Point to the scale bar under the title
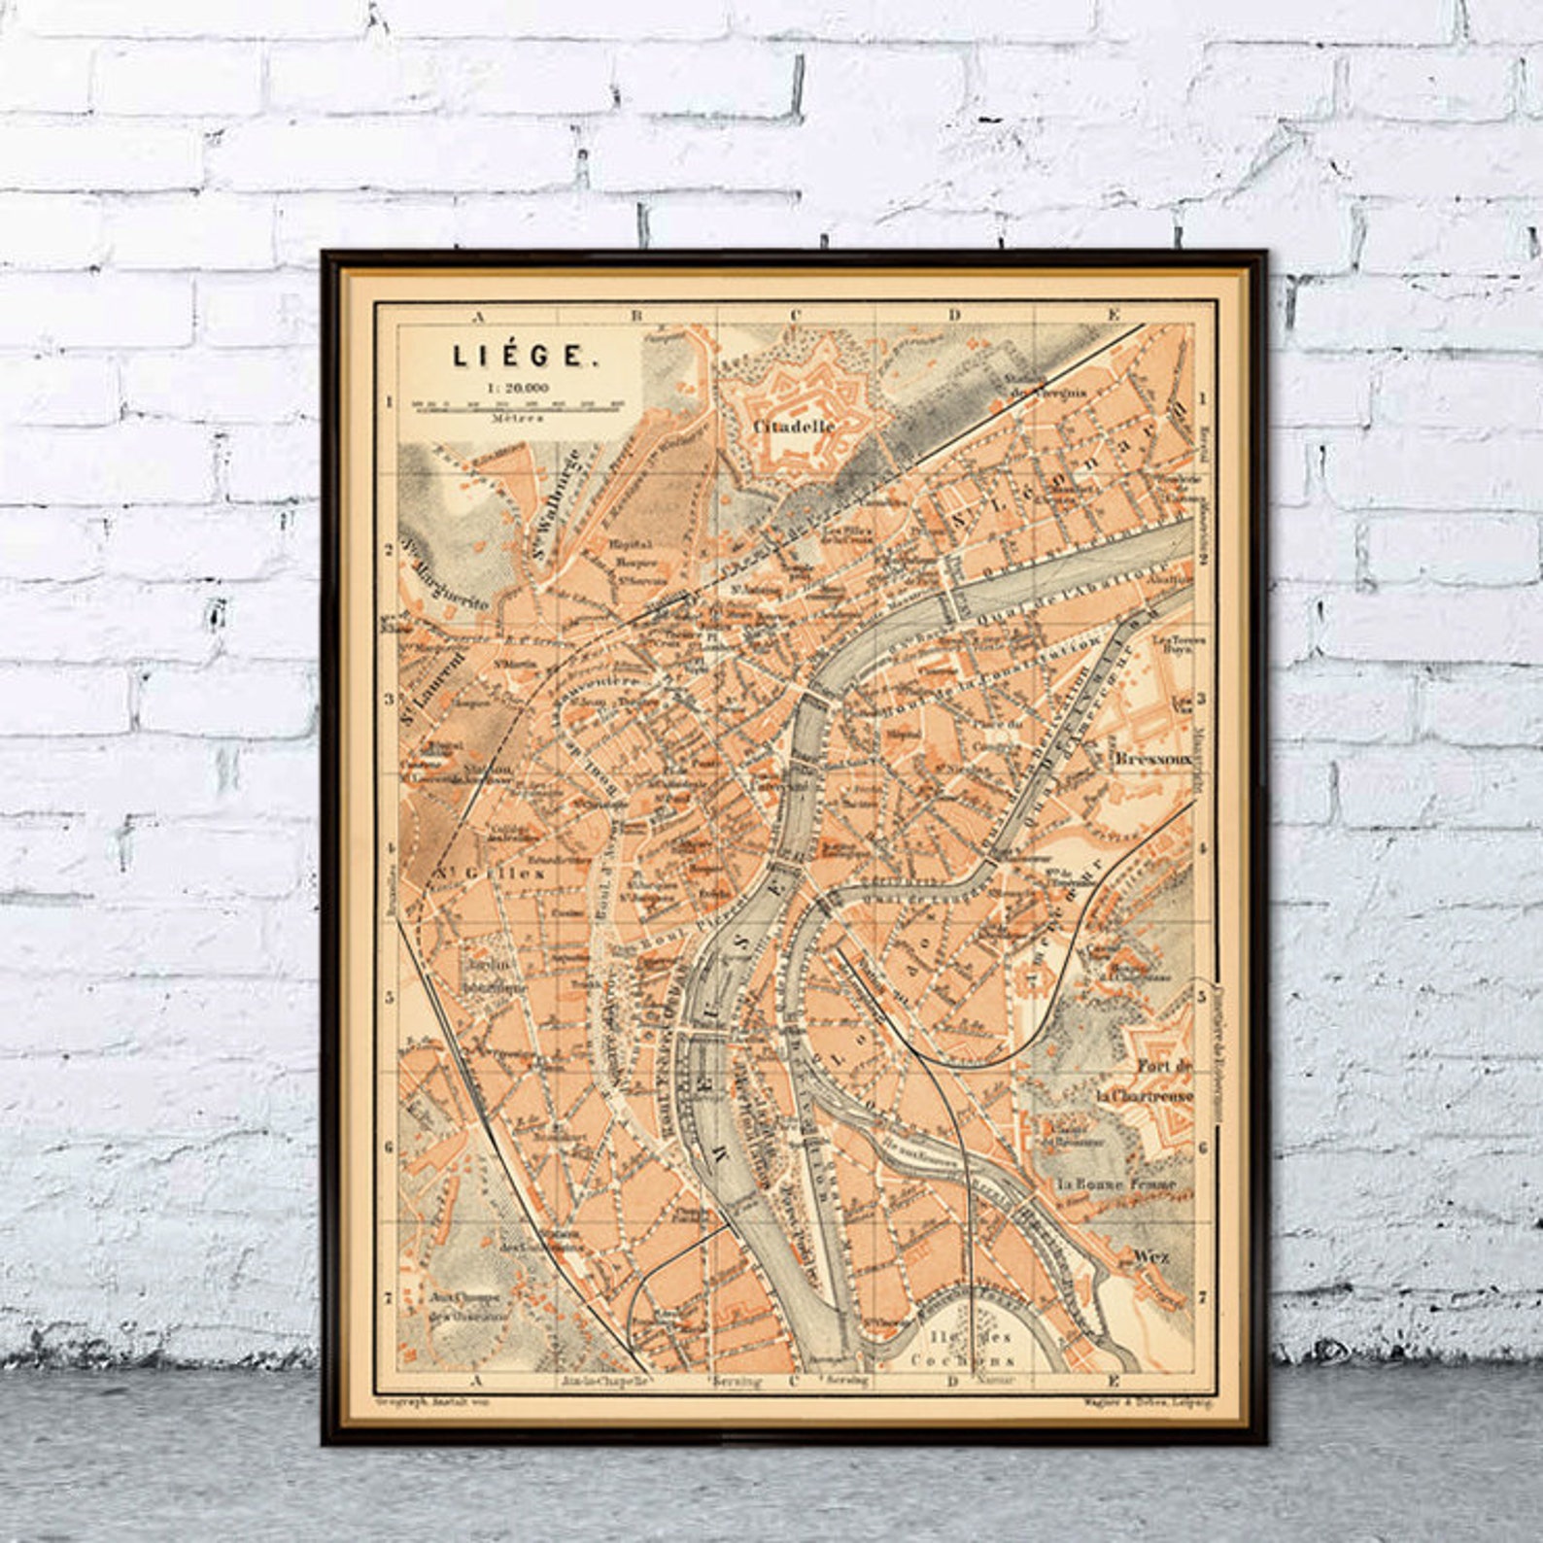pos(516,401)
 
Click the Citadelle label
pos(794,426)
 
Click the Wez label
pos(1150,1255)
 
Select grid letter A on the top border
pos(477,315)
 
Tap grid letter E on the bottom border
pos(1114,1380)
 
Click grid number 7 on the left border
pos(389,1297)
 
